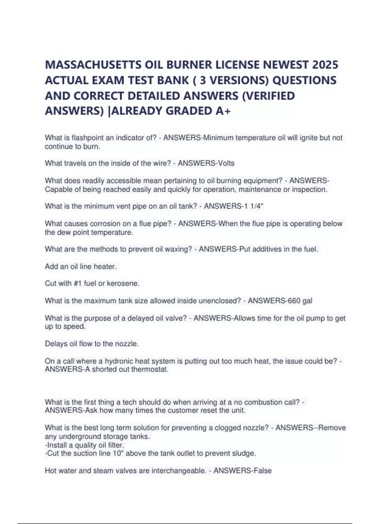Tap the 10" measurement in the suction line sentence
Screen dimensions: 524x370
pos(119,453)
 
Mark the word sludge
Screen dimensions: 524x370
pos(245,453)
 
